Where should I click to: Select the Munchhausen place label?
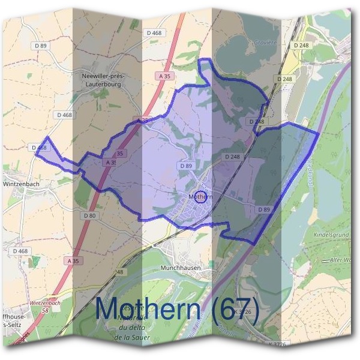click(181, 267)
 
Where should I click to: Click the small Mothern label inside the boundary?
click(200, 196)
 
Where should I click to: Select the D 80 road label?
click(90, 215)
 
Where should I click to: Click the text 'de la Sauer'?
click(131, 337)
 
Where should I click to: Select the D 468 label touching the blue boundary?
click(38, 147)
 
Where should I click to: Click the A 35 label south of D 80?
click(73, 261)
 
